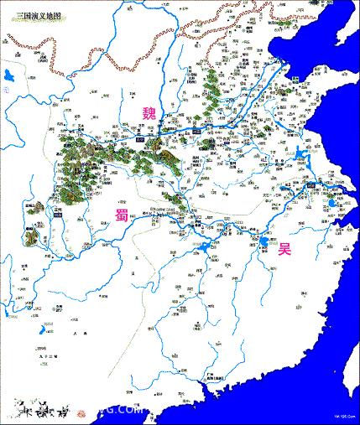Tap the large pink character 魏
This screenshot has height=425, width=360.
click(149, 113)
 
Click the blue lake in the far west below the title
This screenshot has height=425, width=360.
click(8, 78)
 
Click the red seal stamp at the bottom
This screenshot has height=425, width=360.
click(86, 409)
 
